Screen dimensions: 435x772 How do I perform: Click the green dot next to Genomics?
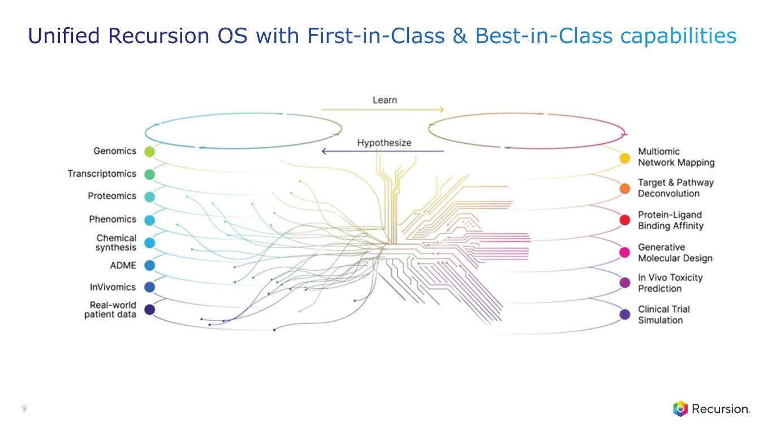149,151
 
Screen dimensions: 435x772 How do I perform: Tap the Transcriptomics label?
102,173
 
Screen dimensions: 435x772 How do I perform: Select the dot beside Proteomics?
149,197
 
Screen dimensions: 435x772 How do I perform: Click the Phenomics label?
113,219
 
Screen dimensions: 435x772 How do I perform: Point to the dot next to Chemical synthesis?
149,242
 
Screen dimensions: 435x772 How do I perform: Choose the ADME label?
123,265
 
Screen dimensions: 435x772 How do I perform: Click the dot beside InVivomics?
149,287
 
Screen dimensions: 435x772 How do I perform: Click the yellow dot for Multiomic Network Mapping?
625,158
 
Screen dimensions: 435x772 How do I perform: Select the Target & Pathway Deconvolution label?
675,188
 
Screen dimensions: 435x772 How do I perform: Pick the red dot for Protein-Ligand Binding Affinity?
625,220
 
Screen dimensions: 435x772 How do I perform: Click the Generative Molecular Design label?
675,253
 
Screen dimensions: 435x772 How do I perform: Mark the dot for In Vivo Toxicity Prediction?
625,282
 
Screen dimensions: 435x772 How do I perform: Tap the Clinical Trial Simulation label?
663,314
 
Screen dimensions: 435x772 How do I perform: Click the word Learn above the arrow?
385,100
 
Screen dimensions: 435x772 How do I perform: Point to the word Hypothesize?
384,143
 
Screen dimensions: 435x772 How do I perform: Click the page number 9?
24,408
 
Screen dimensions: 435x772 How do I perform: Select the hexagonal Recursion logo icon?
680,408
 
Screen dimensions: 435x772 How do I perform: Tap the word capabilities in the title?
679,36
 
